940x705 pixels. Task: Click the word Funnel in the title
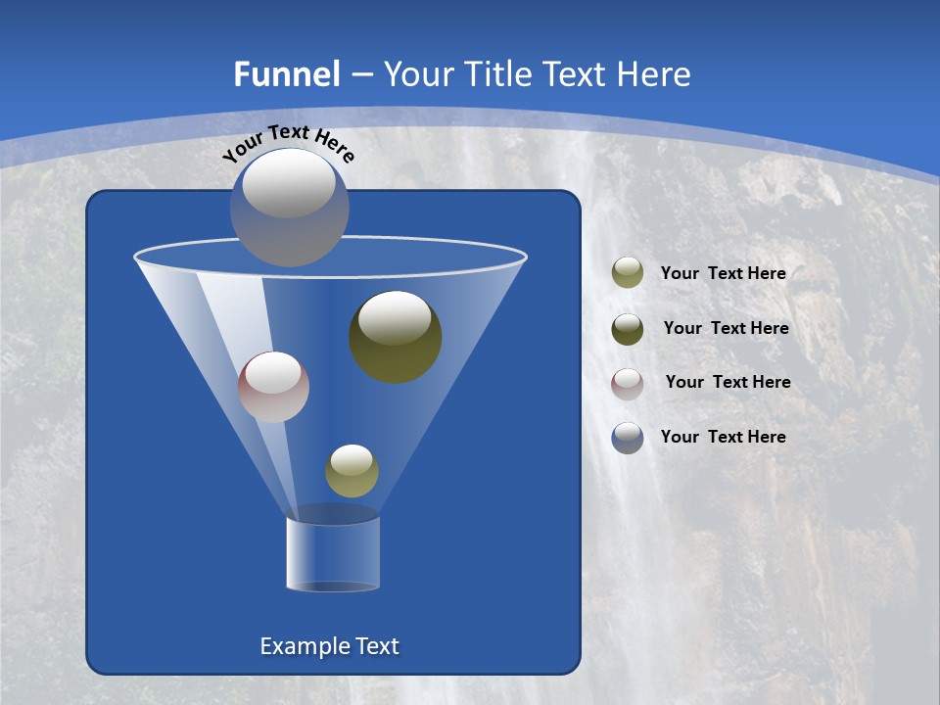click(x=286, y=74)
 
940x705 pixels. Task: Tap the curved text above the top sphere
click(x=288, y=143)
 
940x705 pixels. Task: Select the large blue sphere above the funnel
click(x=290, y=208)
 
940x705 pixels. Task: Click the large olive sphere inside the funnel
click(x=396, y=338)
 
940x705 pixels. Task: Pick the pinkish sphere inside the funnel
click(x=273, y=387)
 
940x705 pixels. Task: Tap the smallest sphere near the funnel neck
click(x=352, y=471)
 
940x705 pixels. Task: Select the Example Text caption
click(x=329, y=646)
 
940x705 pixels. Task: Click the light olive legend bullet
click(x=628, y=273)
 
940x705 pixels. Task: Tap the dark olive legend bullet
click(x=628, y=329)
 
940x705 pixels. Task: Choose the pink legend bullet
click(x=628, y=383)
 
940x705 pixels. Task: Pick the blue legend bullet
click(x=628, y=438)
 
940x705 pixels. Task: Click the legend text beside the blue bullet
click(x=723, y=437)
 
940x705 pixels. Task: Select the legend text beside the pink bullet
click(x=728, y=382)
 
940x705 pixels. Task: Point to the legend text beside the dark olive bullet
click(x=726, y=328)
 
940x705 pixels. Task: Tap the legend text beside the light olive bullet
click(x=723, y=273)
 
